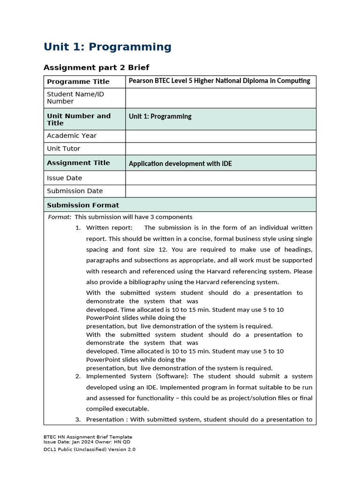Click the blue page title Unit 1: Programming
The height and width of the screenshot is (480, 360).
pyautogui.click(x=107, y=47)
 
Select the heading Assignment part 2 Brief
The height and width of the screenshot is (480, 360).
pyautogui.click(x=96, y=67)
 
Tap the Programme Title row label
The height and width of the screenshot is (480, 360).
pyautogui.click(x=78, y=82)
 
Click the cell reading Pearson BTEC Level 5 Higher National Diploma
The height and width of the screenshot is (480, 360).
pyautogui.click(x=219, y=81)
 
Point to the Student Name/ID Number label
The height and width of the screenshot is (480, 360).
pyautogui.click(x=75, y=97)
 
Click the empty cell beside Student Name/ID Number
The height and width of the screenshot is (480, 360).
pyautogui.click(x=220, y=97)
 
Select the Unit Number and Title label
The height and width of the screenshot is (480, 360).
pyautogui.click(x=79, y=119)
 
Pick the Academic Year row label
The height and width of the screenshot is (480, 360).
pyautogui.click(x=71, y=136)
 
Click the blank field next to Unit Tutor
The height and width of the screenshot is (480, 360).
pyautogui.click(x=220, y=149)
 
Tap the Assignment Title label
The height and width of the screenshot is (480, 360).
pyautogui.click(x=78, y=163)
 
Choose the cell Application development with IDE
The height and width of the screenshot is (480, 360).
pyautogui.click(x=180, y=164)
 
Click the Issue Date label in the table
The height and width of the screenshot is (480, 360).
pyautogui.click(x=64, y=178)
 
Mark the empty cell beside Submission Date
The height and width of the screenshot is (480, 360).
pyautogui.click(x=220, y=191)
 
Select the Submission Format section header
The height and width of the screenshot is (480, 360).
pyautogui.click(x=83, y=205)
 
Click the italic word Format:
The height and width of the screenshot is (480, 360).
pyautogui.click(x=60, y=217)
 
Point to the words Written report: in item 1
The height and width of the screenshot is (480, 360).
pyautogui.click(x=109, y=228)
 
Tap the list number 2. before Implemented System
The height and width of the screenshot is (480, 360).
pyautogui.click(x=78, y=376)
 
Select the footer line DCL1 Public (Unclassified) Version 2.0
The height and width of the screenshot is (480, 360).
pyautogui.click(x=89, y=449)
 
